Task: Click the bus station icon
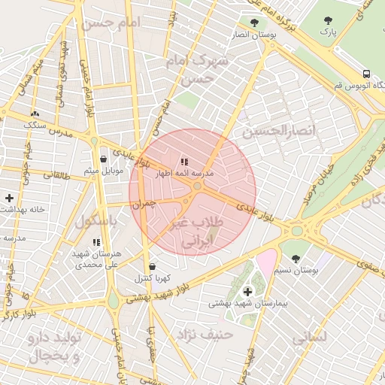[366, 74]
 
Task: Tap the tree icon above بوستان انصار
[253, 23]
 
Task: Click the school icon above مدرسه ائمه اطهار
[184, 162]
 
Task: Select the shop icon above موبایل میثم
[103, 159]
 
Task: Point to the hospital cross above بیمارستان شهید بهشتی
[247, 291]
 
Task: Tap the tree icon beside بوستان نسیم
[295, 259]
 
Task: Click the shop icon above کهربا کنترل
[153, 266]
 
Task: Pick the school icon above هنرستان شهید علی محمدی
[96, 242]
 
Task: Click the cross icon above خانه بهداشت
[9, 198]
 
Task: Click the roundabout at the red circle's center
[197, 185]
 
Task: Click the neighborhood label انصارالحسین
[280, 131]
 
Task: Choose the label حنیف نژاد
[204, 332]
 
